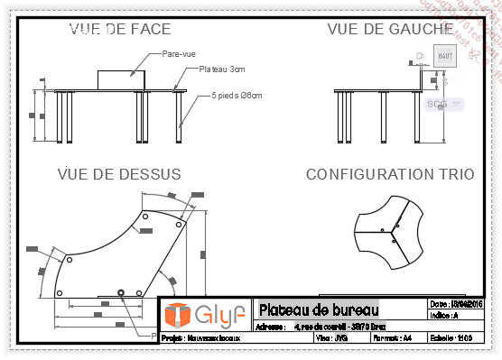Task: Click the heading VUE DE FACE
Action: coord(120,29)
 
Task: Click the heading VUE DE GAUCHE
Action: coord(389,29)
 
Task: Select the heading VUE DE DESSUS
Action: coord(119,173)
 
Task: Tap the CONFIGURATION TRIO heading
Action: coord(389,173)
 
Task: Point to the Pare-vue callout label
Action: coord(179,54)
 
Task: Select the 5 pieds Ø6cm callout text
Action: coord(236,95)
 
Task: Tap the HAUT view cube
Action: coord(444,55)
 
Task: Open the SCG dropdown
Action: coord(443,104)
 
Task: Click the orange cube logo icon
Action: coord(178,315)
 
